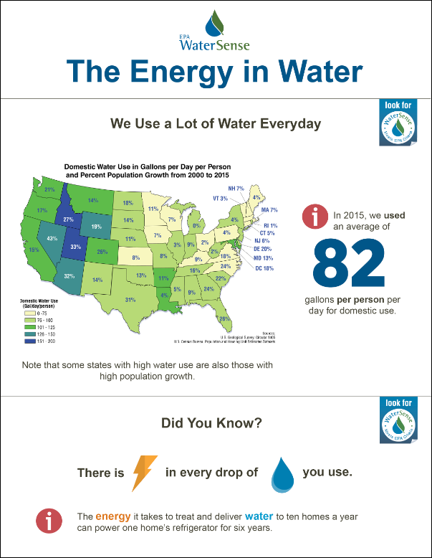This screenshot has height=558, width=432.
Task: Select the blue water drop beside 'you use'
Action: [283, 474]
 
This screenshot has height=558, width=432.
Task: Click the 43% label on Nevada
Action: [52, 238]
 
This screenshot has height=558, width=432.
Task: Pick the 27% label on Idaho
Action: [69, 219]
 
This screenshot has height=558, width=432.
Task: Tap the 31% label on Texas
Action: [130, 299]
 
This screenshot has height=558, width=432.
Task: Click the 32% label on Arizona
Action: [69, 275]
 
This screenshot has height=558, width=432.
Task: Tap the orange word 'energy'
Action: [113, 516]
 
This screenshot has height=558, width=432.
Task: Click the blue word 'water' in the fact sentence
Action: [259, 516]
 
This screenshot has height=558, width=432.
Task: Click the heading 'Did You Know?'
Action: [215, 424]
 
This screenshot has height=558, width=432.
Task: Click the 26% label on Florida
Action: [224, 319]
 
